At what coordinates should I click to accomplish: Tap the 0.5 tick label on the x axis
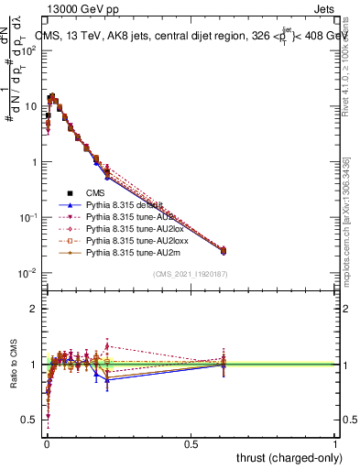[191, 442]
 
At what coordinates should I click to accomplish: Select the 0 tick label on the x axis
[47, 442]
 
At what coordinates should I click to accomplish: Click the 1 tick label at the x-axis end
[335, 442]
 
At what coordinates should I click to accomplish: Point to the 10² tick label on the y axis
[28, 50]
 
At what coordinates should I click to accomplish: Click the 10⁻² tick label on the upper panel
[28, 273]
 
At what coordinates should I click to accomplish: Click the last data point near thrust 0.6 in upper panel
[224, 250]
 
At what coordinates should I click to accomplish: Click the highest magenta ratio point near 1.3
[108, 345]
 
